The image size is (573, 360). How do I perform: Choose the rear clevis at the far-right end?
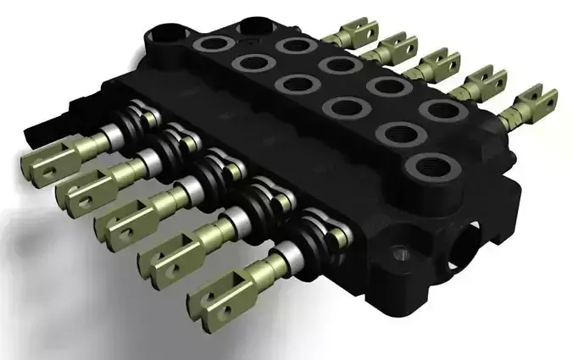(x=534, y=101)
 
